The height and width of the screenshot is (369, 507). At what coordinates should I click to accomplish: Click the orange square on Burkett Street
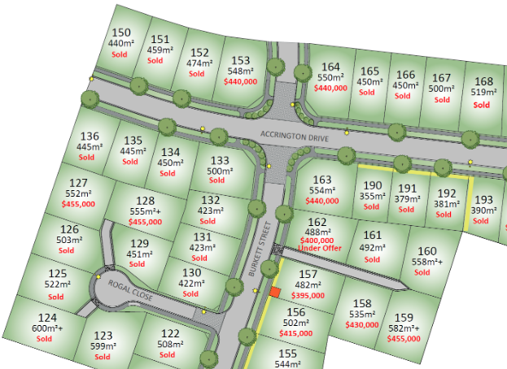click(275, 292)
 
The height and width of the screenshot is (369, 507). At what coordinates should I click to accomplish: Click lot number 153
click(240, 59)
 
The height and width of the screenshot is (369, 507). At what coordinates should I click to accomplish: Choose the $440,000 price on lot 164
click(330, 88)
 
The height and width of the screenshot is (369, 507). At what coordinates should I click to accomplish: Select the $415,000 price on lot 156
click(295, 333)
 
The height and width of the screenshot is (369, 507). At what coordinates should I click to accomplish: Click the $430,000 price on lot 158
click(362, 324)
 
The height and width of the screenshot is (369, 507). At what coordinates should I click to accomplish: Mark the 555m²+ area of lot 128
click(146, 211)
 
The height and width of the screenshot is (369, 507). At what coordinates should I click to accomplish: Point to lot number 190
click(372, 185)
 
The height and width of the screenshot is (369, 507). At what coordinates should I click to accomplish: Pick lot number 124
click(47, 318)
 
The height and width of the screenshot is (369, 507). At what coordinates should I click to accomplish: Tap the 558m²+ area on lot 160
click(426, 262)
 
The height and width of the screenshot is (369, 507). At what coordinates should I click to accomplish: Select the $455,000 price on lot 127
click(77, 205)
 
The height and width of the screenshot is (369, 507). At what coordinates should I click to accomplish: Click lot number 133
click(220, 160)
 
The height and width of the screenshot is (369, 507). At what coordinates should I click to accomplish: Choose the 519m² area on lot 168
click(483, 93)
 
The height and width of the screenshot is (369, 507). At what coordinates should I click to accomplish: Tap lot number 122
click(169, 333)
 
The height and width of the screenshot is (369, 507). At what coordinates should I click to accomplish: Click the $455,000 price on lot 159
click(404, 338)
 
